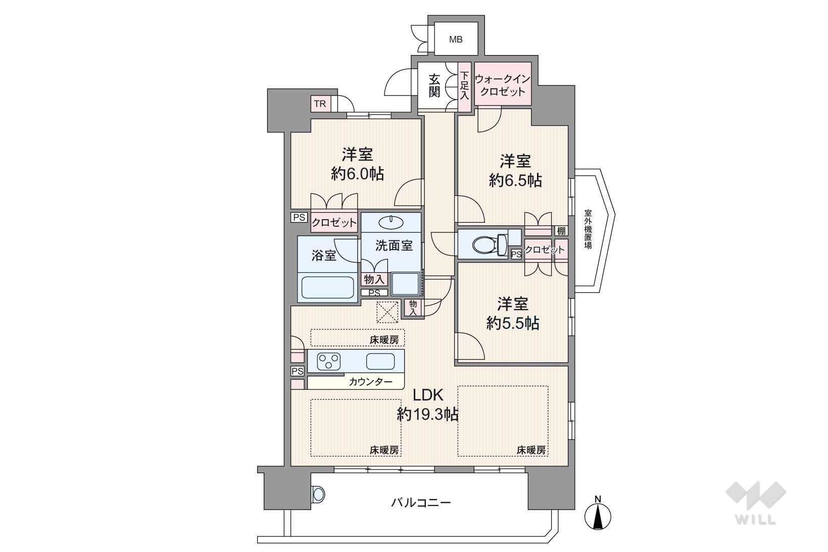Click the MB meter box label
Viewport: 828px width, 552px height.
[455, 39]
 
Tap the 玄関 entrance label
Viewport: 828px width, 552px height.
[434, 86]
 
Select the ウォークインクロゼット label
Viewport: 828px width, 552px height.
[502, 85]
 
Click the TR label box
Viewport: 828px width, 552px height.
[320, 104]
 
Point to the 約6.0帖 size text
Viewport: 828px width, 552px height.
[357, 173]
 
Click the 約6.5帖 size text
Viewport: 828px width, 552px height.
[515, 180]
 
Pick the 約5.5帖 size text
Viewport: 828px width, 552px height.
[512, 323]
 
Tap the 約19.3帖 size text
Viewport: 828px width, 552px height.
[428, 414]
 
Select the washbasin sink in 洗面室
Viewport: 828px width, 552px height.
[391, 222]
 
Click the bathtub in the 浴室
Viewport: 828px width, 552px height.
[327, 287]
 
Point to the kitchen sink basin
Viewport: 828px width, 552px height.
[380, 361]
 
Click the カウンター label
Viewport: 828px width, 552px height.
[370, 382]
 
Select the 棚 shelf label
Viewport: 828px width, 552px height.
[561, 231]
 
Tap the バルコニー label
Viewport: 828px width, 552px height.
[421, 503]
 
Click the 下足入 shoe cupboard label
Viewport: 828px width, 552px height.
[464, 86]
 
